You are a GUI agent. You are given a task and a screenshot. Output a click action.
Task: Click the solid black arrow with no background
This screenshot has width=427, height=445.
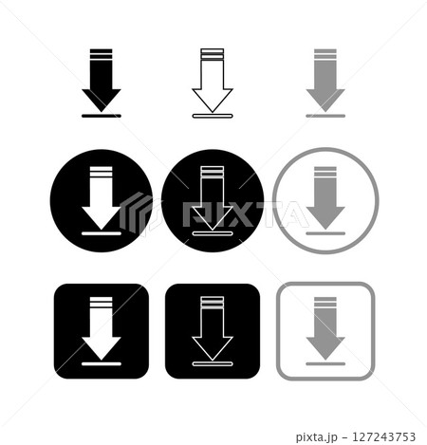(101, 81)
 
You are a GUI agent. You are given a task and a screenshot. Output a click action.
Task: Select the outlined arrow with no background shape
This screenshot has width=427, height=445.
(212, 81)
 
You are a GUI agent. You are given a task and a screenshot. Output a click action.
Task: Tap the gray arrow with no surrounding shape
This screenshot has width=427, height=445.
(325, 81)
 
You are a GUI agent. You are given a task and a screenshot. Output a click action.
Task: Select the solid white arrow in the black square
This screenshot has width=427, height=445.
(101, 327)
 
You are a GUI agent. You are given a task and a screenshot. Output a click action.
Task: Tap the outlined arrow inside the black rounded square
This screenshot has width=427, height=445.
(212, 327)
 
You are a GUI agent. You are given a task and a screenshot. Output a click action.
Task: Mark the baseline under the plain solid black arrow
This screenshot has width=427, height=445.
(101, 116)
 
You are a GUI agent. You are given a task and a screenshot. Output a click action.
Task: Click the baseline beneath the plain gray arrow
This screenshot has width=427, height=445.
(325, 116)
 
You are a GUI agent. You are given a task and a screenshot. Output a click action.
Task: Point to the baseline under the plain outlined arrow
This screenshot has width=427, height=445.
(212, 117)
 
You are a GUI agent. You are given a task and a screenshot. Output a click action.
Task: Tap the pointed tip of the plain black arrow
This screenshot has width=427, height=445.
(101, 108)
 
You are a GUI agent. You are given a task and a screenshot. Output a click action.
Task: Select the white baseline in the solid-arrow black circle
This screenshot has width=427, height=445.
(101, 231)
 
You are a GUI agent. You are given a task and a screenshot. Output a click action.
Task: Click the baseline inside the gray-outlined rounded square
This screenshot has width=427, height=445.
(325, 362)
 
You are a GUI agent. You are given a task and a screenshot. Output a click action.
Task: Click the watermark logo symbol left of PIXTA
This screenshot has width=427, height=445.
(136, 213)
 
